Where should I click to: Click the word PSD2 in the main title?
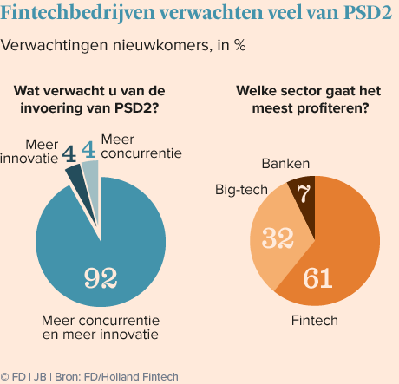(368, 12)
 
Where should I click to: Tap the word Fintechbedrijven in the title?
(78, 13)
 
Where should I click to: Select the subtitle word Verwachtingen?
(55, 45)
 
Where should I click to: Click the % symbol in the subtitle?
(240, 45)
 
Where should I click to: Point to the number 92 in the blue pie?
(101, 278)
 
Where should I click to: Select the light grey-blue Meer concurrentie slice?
(92, 185)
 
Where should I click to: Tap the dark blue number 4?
(69, 154)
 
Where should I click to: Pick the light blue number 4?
(88, 150)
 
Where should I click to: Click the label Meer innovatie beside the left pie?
(29, 152)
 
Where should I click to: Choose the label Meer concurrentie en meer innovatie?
(101, 328)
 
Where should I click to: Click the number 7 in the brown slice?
(304, 193)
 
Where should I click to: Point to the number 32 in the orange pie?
(278, 238)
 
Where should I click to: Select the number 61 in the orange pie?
(317, 278)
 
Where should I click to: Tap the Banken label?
(285, 164)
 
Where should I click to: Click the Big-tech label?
(241, 190)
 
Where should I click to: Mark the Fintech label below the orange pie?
(315, 321)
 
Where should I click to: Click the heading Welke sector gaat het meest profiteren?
(309, 100)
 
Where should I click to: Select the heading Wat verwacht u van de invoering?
(89, 100)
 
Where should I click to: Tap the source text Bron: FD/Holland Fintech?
(116, 377)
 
